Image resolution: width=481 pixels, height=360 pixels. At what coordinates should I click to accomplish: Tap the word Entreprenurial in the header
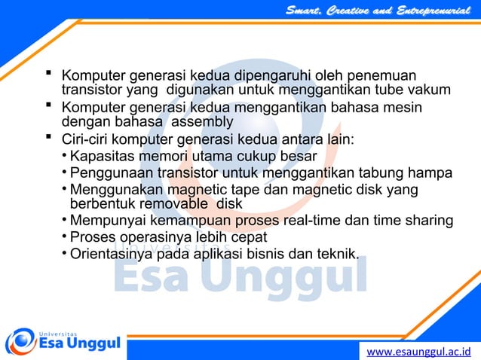(433, 10)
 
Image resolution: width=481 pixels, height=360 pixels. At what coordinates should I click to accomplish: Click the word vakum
(431, 91)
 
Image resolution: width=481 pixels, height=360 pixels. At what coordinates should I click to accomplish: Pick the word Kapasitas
(100, 157)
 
